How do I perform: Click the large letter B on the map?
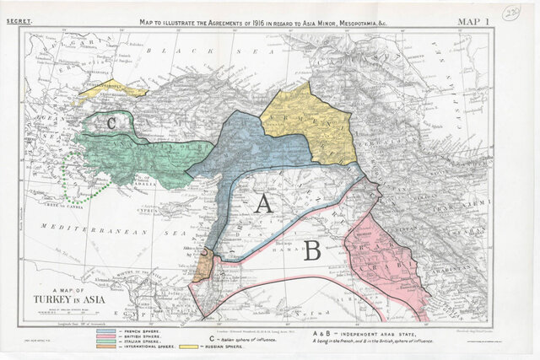click(311, 250)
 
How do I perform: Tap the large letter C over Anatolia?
click(111, 121)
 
